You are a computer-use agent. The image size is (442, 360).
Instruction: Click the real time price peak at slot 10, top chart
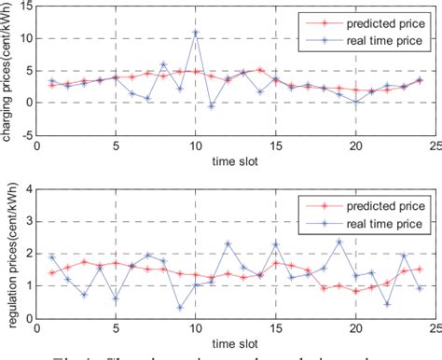(x=196, y=33)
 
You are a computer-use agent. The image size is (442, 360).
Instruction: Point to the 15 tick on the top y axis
(x=25, y=7)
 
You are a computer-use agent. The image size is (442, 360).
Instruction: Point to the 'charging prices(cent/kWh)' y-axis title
(x=8, y=70)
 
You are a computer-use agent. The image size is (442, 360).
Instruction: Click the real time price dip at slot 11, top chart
(x=212, y=106)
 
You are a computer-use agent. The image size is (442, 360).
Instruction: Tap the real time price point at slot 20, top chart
(x=355, y=102)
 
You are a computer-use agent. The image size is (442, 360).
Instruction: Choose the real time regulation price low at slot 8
(x=180, y=307)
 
